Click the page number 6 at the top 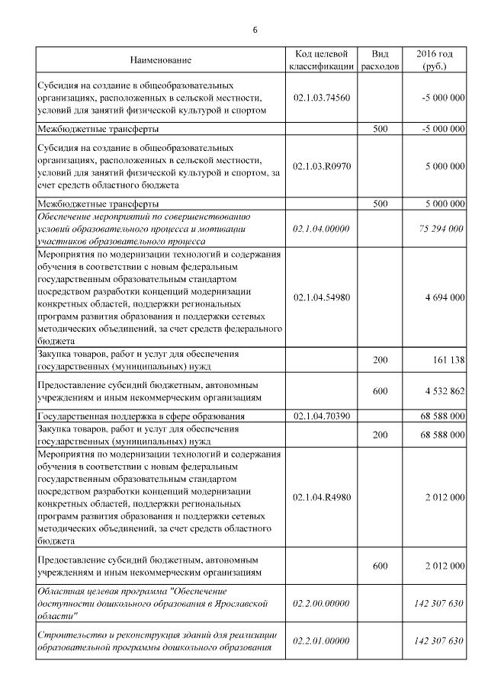coord(255,30)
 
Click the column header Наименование coord(160,59)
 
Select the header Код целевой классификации coord(321,59)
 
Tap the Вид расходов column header coord(380,59)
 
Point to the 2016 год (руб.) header coord(435,59)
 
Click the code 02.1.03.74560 coord(321,98)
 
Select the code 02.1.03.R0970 coord(321,165)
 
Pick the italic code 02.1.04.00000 coord(321,228)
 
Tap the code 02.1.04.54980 coord(321,297)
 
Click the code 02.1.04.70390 coord(321,416)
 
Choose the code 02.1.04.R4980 coord(321,497)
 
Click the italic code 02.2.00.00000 coord(321,603)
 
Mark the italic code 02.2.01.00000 coord(321,641)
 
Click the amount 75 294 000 coord(442,228)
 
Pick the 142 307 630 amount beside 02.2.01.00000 coord(440,641)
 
